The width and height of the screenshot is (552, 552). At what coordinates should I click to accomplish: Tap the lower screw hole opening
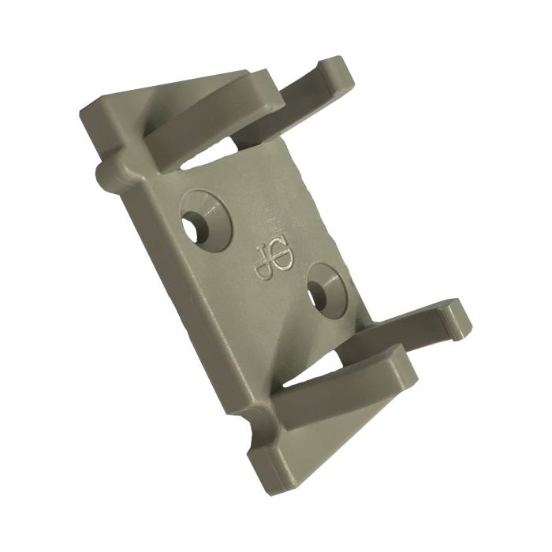319,298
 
